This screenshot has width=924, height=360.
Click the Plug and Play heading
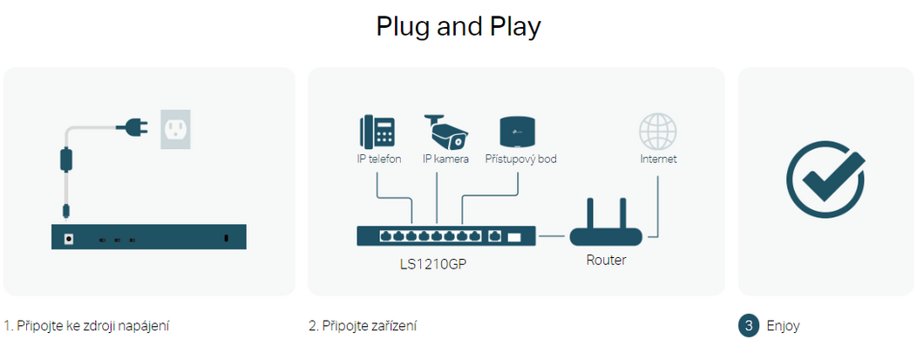(459, 26)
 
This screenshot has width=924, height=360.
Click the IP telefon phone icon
(376, 132)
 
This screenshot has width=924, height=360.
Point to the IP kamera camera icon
(445, 132)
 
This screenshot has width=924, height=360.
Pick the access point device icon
(518, 132)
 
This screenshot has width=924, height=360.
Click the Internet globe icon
(657, 132)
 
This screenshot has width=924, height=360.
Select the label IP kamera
(445, 160)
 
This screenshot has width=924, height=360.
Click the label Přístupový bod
(520, 160)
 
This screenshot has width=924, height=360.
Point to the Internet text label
(658, 160)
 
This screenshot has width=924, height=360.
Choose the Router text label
(606, 260)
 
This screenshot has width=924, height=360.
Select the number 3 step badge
(749, 326)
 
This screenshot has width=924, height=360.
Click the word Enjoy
(783, 326)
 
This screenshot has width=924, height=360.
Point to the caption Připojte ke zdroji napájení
(86, 326)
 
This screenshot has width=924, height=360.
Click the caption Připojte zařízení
(363, 326)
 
